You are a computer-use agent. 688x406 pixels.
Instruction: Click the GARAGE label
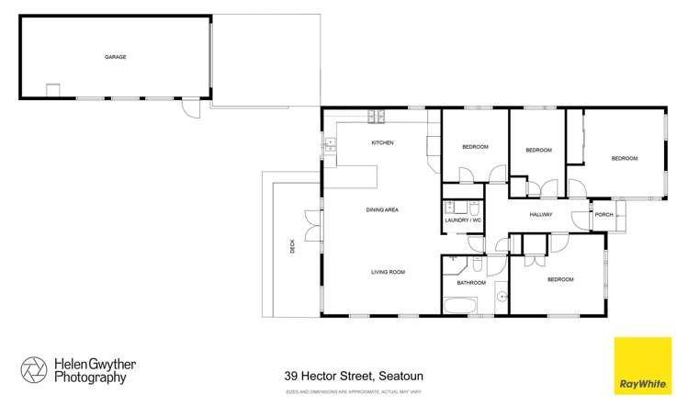click(x=115, y=57)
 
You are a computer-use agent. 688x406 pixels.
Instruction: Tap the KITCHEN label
click(x=382, y=143)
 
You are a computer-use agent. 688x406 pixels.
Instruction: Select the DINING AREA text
click(x=382, y=210)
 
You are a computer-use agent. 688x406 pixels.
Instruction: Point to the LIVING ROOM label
click(x=388, y=272)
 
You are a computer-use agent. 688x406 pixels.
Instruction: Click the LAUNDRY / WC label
click(x=463, y=220)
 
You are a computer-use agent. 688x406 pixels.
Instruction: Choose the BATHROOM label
click(x=471, y=283)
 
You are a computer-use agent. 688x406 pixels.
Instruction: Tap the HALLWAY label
click(x=541, y=215)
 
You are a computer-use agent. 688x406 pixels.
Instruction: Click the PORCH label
click(x=603, y=215)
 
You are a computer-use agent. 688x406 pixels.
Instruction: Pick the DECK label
click(x=293, y=245)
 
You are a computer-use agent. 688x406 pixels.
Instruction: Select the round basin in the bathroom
click(x=502, y=298)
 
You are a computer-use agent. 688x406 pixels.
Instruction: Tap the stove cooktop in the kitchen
click(x=375, y=116)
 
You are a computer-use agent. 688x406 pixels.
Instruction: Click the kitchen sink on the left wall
click(x=326, y=144)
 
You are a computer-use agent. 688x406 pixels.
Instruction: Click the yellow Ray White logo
click(x=641, y=366)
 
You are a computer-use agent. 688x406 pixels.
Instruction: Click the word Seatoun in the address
click(x=401, y=376)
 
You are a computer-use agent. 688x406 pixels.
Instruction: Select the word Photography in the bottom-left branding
click(x=90, y=377)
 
